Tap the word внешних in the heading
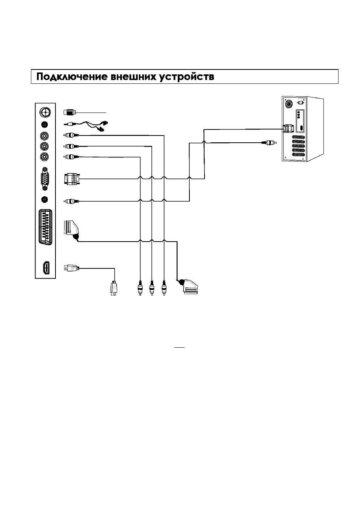pos(133,77)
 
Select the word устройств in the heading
pos(186,77)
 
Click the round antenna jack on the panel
pos(45,112)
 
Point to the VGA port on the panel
pos(45,179)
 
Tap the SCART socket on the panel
pos(46,227)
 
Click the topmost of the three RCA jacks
pos(45,136)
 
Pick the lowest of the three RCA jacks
pos(45,157)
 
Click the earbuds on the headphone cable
pos(102,126)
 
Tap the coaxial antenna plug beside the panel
pos(70,112)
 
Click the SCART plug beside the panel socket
pos(71,230)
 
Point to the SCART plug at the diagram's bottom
pos(188,287)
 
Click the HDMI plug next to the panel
pos(71,268)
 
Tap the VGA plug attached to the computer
pos(288,129)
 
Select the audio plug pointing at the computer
pos(269,143)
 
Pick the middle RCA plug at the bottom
pos(152,288)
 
